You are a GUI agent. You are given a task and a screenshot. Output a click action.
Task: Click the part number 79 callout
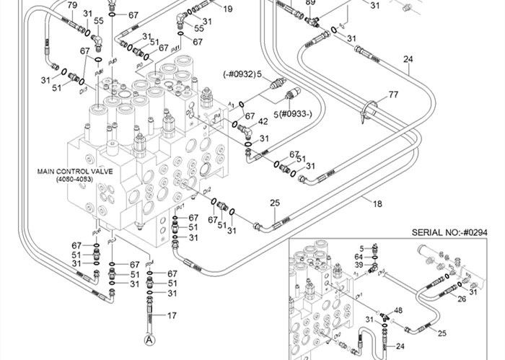coord(71,6)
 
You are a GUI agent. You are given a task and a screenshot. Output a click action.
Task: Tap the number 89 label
coord(311,3)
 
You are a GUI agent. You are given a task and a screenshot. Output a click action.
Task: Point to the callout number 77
coord(393,95)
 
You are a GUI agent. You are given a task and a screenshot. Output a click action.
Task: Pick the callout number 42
coord(263,122)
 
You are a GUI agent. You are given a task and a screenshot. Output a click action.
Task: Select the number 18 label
coord(377,204)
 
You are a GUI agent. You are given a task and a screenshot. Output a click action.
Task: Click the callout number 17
coord(172,315)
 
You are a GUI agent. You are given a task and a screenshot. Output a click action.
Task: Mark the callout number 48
coord(398,311)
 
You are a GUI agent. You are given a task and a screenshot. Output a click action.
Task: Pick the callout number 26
coord(461,299)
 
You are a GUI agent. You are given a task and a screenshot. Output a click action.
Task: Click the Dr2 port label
coord(208,191)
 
